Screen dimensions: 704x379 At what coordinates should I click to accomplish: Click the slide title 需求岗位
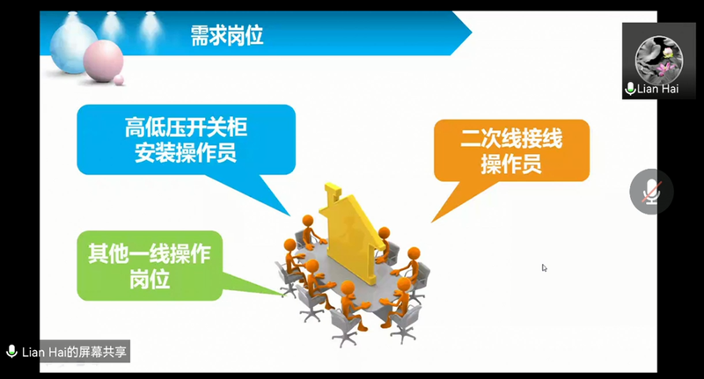pos(227,35)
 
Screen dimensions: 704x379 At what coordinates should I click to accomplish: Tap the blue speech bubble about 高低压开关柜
pos(186,140)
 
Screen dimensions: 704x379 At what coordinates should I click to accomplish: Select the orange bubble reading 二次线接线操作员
pos(511,150)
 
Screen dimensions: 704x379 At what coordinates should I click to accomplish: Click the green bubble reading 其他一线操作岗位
pos(150,266)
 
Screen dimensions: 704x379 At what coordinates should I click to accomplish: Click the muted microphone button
pos(651,192)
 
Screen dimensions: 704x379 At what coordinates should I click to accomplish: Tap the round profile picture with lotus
pos(658,60)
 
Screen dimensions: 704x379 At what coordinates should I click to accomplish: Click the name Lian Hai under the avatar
pos(657,89)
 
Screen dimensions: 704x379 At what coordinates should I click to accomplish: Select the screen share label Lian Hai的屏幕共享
pos(74,352)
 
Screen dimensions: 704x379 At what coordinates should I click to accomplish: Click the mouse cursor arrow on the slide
pos(544,268)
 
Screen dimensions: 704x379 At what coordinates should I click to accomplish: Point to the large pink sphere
pos(103,61)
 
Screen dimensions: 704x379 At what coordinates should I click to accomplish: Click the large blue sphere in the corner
pos(73,47)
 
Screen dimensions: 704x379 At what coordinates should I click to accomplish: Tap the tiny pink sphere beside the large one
pos(119,80)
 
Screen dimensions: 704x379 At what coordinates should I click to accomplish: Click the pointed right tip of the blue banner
pos(472,33)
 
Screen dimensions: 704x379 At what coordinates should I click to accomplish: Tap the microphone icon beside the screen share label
pos(11,352)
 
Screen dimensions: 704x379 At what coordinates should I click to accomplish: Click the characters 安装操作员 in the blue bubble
pos(186,153)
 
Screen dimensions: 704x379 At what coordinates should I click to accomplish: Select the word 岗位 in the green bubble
pos(150,280)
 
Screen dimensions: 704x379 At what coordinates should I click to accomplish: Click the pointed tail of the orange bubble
pos(432,222)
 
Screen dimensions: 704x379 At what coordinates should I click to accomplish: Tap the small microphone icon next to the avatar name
pos(630,89)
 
